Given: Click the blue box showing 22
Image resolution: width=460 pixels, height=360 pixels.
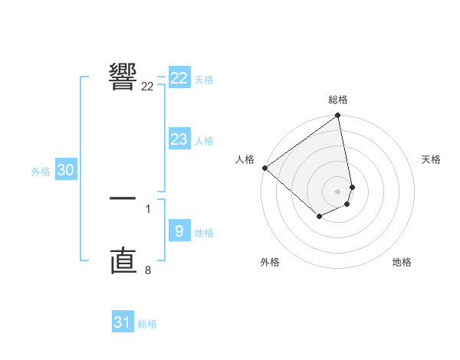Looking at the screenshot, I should [x=179, y=78].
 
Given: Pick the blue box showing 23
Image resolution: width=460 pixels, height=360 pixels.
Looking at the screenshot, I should [x=179, y=139].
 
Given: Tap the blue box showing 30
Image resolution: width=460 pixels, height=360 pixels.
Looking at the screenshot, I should [x=65, y=171].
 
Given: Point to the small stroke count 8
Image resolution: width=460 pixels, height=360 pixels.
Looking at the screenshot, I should [x=148, y=270].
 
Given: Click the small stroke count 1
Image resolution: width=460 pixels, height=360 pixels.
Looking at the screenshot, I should [x=148, y=208].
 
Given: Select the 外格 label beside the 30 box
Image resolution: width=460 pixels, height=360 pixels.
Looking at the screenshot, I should [x=41, y=172].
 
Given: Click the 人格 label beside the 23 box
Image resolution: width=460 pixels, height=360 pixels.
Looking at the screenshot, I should [x=205, y=141].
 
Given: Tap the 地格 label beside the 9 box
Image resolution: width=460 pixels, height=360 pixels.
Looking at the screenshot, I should [x=205, y=233].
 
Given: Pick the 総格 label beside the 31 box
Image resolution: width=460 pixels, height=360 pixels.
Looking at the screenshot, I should [x=147, y=324].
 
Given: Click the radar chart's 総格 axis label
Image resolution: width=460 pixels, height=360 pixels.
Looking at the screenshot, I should [x=338, y=100].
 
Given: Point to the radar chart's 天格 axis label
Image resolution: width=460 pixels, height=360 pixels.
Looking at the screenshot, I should [x=432, y=159].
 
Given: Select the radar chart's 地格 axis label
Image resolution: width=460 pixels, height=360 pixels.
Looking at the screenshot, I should [x=402, y=262].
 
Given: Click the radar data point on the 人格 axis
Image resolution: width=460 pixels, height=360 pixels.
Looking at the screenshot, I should [x=264, y=168].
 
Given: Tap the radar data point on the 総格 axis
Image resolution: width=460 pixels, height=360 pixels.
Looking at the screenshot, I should [x=338, y=116].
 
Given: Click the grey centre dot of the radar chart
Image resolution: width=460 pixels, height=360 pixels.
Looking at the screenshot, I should [x=338, y=191].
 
